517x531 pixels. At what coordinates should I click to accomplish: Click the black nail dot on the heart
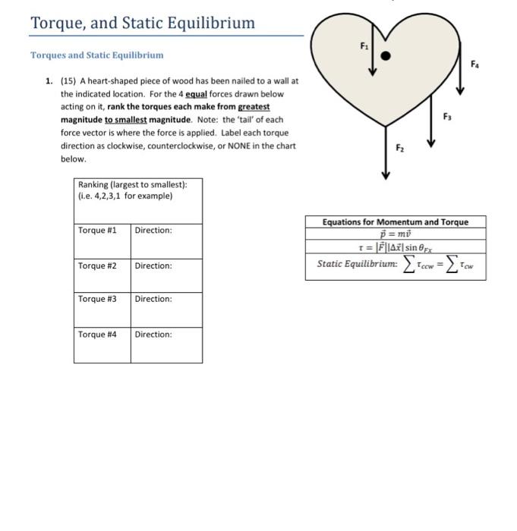(386, 55)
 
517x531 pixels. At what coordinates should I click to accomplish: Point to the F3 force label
(447, 116)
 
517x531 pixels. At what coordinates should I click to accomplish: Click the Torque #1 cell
(102, 241)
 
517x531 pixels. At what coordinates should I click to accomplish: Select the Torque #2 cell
(102, 276)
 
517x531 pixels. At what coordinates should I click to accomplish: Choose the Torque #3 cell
(102, 309)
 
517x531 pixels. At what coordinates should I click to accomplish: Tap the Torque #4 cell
(102, 345)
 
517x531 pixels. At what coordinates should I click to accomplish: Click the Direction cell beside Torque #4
(166, 345)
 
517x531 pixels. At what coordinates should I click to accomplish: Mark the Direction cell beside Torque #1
(166, 241)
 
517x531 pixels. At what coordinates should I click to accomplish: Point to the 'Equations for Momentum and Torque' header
(395, 222)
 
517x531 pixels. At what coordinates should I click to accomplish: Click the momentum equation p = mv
(395, 234)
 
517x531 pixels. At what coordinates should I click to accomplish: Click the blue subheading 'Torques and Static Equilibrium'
(96, 55)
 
